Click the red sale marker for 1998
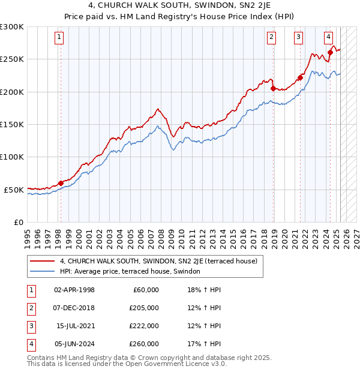point(61,183)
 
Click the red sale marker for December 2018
point(273,88)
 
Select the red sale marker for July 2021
point(300,77)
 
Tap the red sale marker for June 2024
point(330,53)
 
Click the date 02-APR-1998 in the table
point(74,290)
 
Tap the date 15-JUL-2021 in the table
point(75,326)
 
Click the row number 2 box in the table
point(31,308)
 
